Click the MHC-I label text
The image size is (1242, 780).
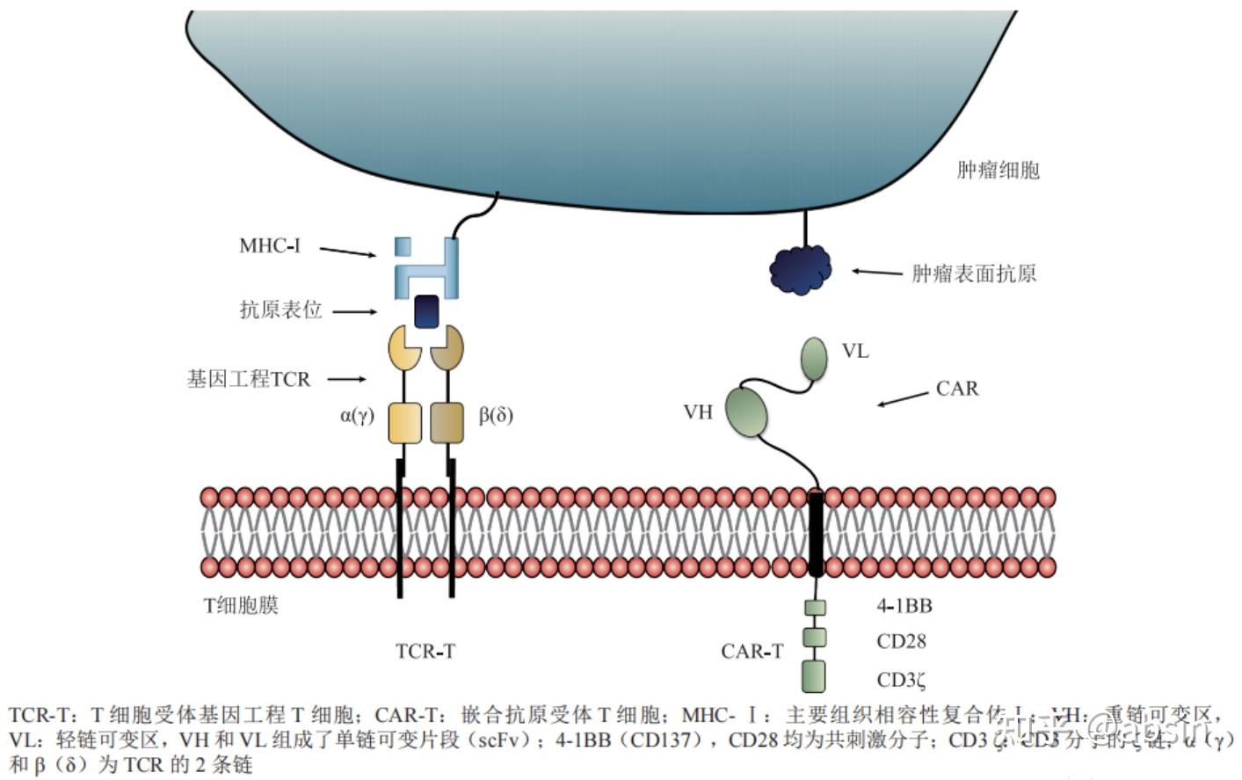click(270, 245)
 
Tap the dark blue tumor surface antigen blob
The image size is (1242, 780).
click(801, 269)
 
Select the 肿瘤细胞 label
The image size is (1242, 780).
click(998, 170)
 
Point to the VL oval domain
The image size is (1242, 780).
click(814, 359)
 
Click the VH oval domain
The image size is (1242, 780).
click(746, 412)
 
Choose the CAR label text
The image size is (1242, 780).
click(957, 389)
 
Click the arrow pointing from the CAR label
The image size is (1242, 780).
click(902, 398)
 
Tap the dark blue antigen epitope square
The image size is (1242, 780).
click(426, 310)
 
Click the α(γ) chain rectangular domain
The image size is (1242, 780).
click(403, 423)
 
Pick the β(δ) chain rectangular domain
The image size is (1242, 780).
click(447, 423)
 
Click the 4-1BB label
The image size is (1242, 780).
click(904, 606)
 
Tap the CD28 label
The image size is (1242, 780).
click(901, 641)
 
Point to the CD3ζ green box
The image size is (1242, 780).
click(814, 676)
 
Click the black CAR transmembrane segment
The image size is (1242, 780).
click(816, 534)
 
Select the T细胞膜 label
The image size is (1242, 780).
click(241, 605)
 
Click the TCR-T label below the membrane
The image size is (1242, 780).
click(425, 652)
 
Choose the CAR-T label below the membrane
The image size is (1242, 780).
click(752, 652)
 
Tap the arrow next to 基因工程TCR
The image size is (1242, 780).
click(346, 380)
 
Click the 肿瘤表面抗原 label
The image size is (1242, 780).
click(974, 273)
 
